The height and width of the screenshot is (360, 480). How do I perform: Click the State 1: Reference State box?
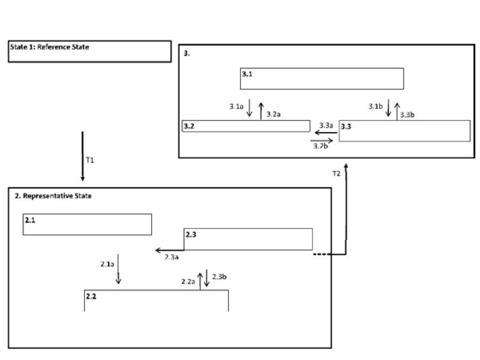89,51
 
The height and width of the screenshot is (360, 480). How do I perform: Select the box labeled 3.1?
322,79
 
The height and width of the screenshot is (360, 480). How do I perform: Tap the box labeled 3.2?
245,126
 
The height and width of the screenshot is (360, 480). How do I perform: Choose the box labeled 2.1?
87,224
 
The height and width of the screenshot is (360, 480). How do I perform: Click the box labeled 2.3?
248,239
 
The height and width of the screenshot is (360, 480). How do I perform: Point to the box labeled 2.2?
156,300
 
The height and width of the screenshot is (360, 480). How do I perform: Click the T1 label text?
90,161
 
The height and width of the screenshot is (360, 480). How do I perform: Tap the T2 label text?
337,173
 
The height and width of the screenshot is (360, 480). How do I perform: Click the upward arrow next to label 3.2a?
261,110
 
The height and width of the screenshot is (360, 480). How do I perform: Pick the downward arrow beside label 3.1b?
389,109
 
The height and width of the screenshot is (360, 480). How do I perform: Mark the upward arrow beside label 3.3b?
397,110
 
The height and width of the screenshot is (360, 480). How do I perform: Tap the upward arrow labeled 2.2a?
200,280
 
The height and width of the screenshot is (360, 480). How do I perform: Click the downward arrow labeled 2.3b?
207,277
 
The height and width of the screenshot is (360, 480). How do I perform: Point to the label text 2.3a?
172,257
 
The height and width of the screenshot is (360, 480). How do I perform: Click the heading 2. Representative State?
53,196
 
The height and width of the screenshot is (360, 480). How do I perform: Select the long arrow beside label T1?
83,156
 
